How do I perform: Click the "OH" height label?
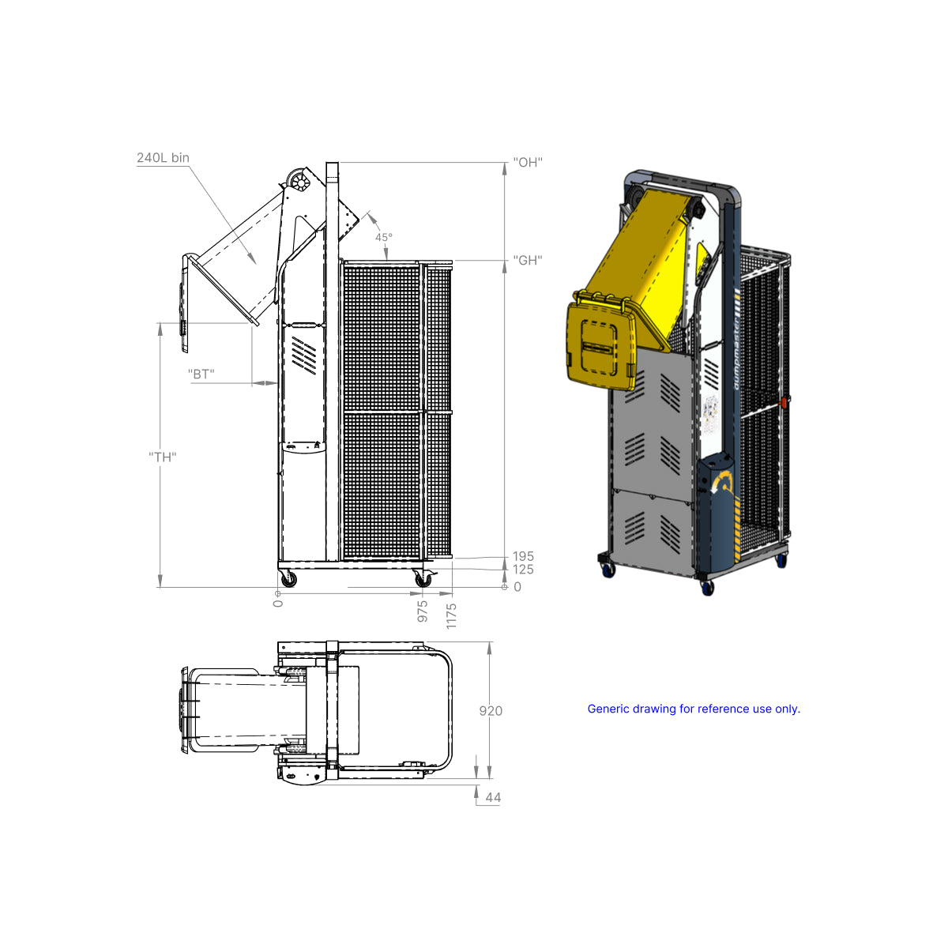click(x=527, y=162)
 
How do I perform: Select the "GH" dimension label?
click(x=527, y=260)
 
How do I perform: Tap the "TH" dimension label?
click(x=162, y=457)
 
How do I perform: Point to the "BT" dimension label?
click(x=201, y=374)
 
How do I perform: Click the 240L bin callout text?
click(x=163, y=158)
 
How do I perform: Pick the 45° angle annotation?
click(x=383, y=237)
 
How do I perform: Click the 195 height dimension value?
click(x=523, y=556)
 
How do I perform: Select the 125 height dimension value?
click(x=523, y=570)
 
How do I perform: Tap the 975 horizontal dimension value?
click(x=423, y=611)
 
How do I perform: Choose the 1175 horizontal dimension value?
click(x=451, y=615)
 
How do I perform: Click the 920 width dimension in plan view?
click(x=491, y=711)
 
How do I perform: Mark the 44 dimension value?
click(x=493, y=797)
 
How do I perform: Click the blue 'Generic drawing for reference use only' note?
click(x=694, y=709)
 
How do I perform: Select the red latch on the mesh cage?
click(x=784, y=403)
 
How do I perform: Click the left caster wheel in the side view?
click(x=289, y=580)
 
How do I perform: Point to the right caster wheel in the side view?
click(x=423, y=580)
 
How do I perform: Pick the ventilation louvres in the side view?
click(x=304, y=354)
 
